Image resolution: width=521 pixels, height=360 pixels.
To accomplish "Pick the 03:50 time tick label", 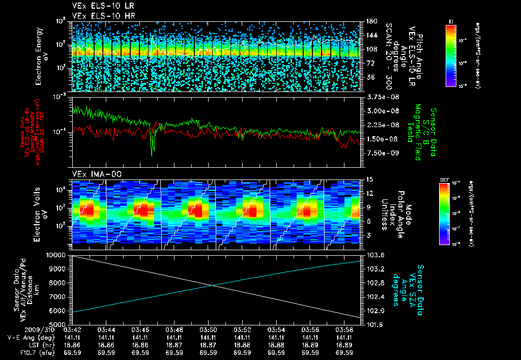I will point(209,330).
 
